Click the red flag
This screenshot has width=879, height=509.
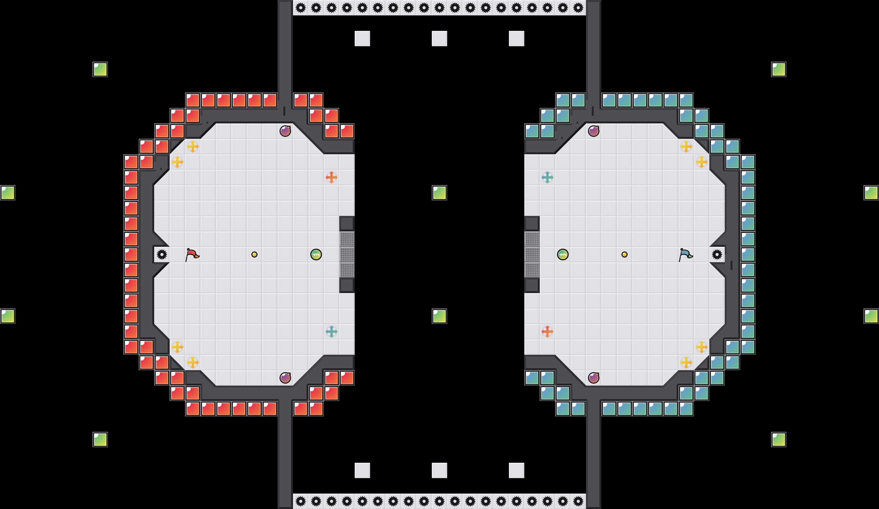192,254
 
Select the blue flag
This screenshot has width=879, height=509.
685,254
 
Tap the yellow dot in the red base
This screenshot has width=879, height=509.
254,254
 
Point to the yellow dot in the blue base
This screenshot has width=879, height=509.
625,254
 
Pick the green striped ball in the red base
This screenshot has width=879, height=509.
316,254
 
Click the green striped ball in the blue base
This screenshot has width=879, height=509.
563,254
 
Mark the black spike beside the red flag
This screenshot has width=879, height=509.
162,254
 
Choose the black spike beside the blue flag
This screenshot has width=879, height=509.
717,254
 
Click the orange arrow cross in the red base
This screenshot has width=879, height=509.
332,177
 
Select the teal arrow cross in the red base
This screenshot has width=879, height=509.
332,332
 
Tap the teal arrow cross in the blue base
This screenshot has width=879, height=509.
547,177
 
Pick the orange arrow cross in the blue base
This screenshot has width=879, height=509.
547,332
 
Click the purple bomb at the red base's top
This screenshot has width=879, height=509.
285,131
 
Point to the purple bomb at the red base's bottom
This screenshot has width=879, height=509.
285,378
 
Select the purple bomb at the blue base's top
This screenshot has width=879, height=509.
594,131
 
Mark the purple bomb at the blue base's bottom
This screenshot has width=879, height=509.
594,378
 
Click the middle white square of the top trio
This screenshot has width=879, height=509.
439,39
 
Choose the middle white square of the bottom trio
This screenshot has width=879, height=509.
439,470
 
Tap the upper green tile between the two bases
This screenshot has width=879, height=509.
439,193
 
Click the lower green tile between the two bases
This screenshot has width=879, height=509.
439,316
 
